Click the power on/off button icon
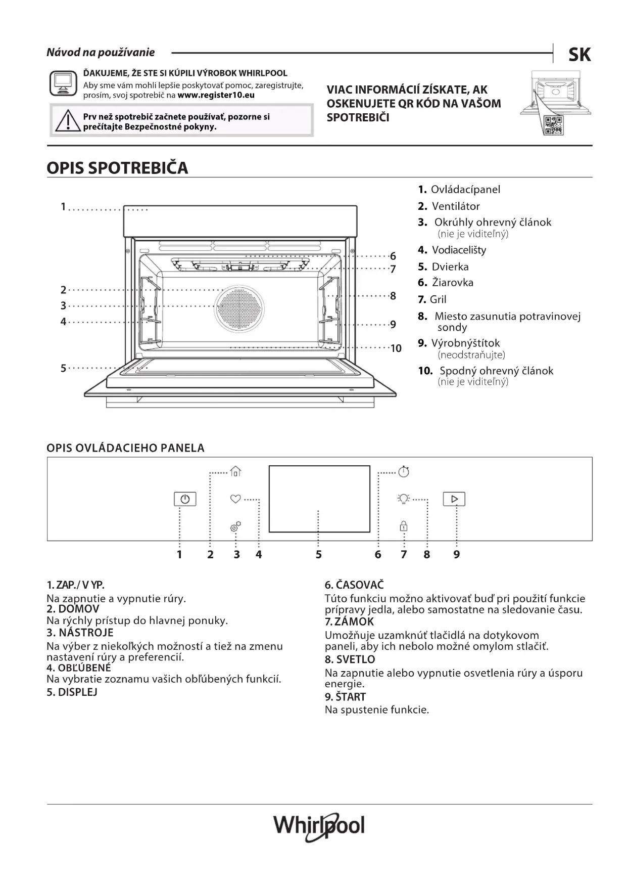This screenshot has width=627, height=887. [185, 499]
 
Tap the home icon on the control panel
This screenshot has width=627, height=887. [235, 472]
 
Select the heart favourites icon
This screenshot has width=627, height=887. [235, 499]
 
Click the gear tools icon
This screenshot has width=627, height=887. [235, 527]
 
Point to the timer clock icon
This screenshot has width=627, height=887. [404, 472]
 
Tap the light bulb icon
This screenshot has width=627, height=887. [403, 499]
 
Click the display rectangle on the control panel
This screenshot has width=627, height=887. [319, 499]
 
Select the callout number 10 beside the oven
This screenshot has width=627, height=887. [396, 348]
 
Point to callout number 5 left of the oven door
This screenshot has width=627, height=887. [63, 368]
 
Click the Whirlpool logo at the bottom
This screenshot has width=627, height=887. [319, 826]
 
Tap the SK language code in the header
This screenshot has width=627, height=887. [580, 55]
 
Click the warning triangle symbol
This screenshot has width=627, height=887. [67, 121]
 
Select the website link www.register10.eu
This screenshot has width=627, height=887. [216, 95]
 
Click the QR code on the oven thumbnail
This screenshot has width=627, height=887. [553, 125]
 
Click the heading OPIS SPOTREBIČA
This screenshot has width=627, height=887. [117, 168]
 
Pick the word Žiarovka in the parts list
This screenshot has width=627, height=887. [452, 283]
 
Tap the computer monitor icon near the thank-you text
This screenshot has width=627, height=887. [64, 83]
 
